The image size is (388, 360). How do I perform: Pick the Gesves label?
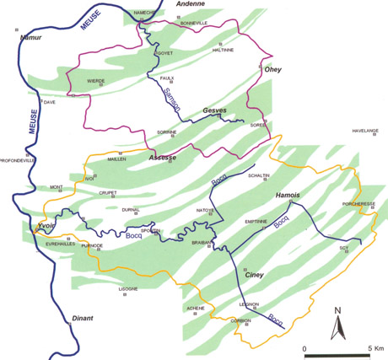(216, 110)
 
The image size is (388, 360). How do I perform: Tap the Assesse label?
(162, 158)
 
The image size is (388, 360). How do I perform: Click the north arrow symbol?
(337, 324)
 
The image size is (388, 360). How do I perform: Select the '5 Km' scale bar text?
(371, 347)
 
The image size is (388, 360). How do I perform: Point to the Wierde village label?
(96, 81)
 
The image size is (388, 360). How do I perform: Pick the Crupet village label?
(108, 192)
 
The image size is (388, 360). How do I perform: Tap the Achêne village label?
(195, 308)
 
